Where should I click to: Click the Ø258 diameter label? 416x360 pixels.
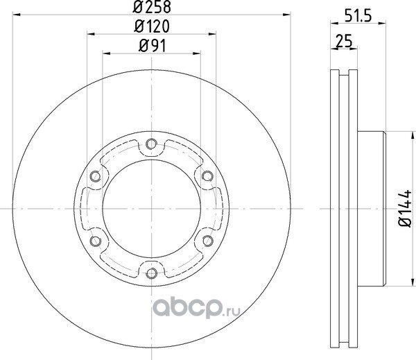(152, 7)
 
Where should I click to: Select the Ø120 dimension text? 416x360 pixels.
(152, 26)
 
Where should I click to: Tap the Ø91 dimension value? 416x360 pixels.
(153, 46)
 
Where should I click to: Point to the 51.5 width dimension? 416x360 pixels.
(358, 16)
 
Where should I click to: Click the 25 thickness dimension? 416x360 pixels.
(344, 41)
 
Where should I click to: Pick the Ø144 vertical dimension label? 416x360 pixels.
(405, 209)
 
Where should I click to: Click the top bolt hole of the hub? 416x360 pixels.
(151, 144)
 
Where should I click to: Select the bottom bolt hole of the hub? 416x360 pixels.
(151, 273)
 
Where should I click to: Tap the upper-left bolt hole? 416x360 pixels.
(96, 176)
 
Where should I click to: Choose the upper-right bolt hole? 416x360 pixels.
(207, 176)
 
